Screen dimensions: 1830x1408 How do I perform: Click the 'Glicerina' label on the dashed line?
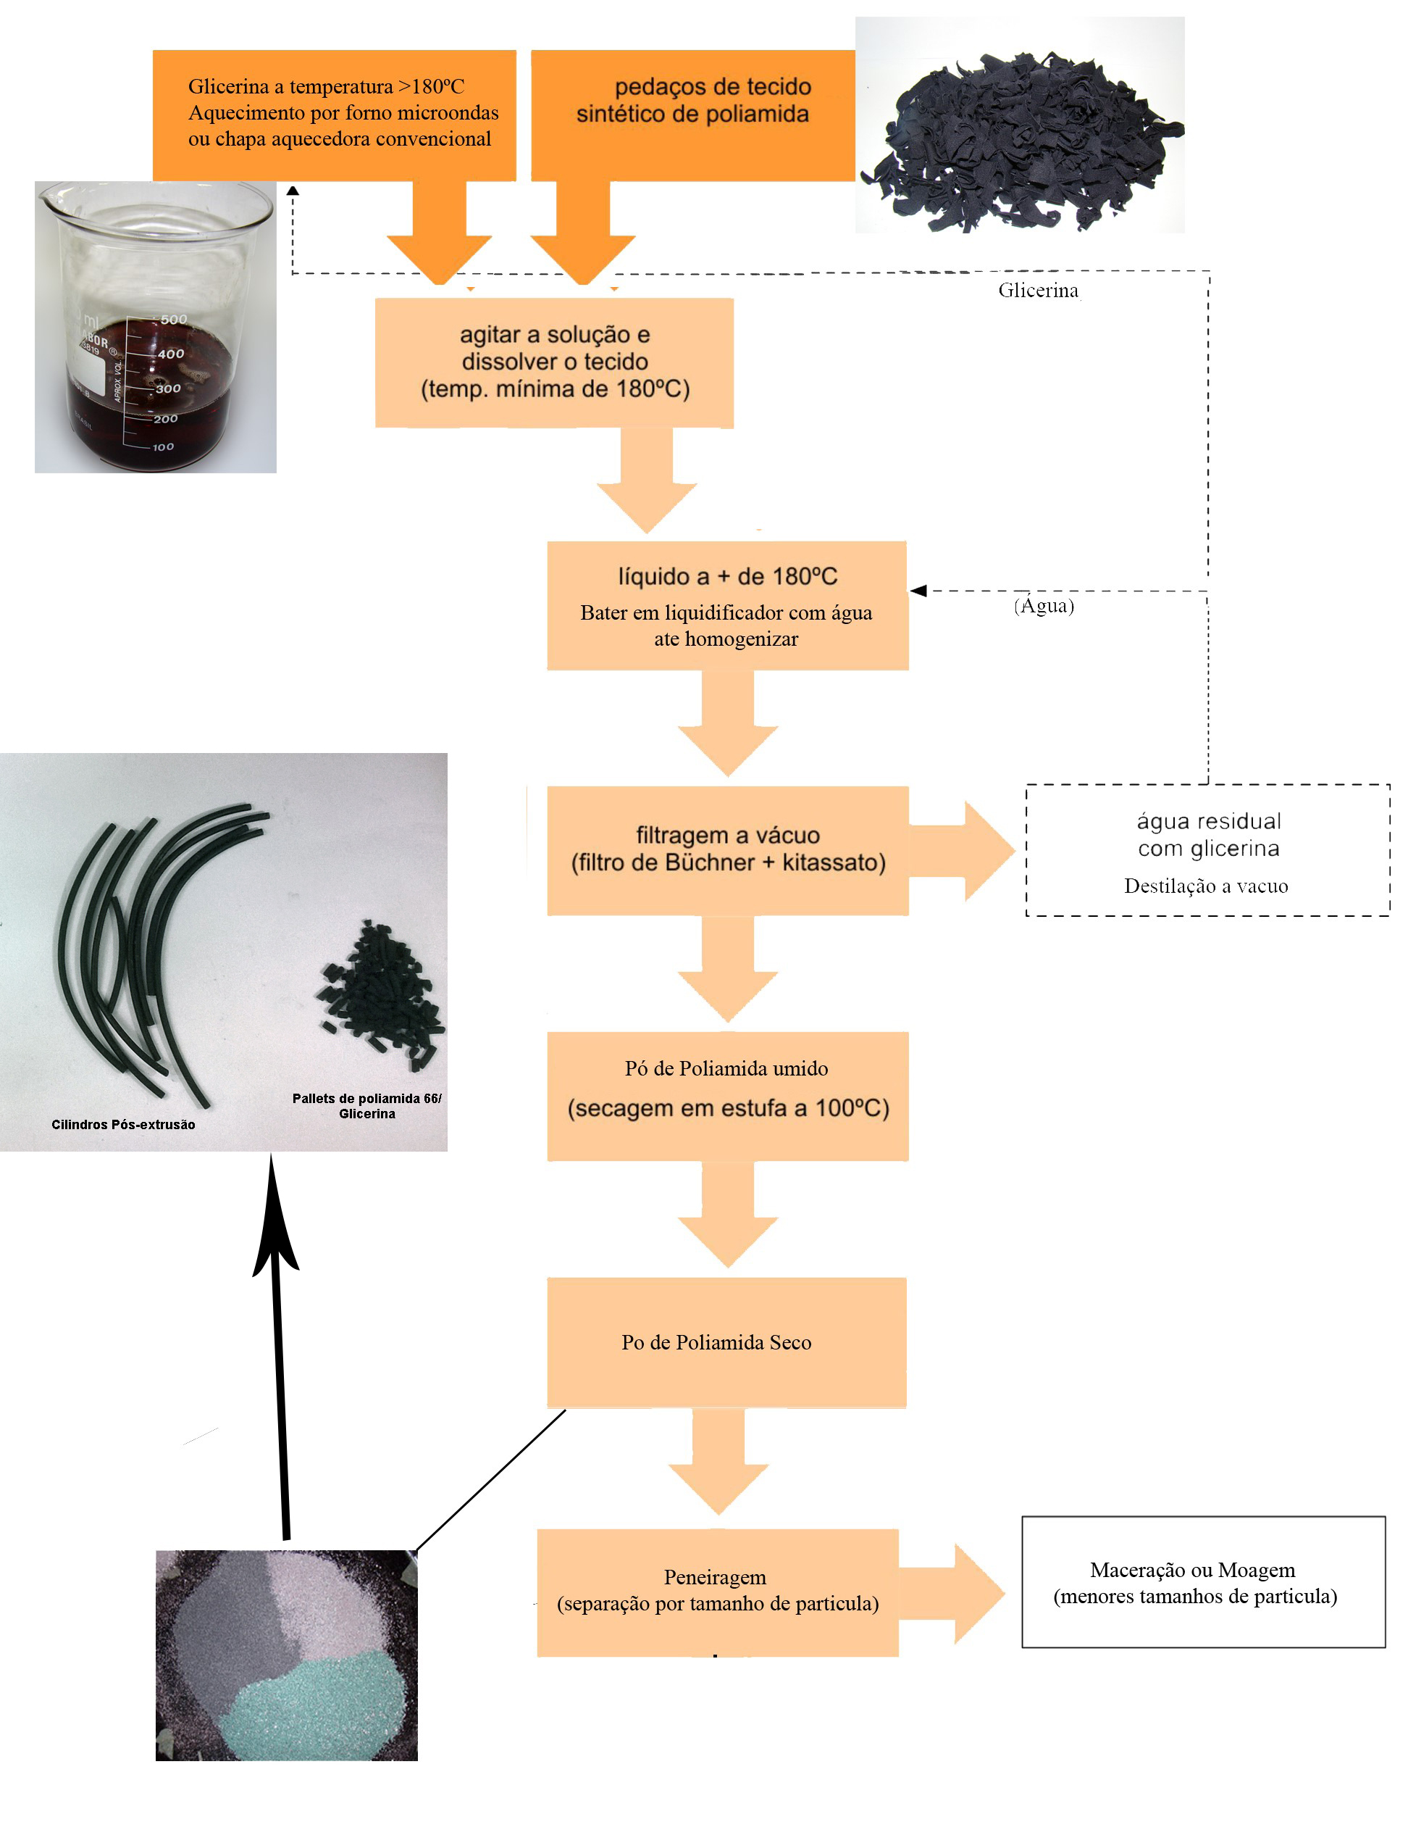[x=1037, y=290]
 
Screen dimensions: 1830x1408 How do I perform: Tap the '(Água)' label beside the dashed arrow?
[x=1043, y=605]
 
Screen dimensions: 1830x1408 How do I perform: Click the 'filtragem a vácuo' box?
[x=727, y=849]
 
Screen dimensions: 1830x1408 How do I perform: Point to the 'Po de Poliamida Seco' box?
[x=726, y=1342]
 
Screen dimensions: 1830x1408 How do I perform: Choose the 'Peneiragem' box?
[x=717, y=1590]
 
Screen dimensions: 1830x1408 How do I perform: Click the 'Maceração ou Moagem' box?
[x=1202, y=1581]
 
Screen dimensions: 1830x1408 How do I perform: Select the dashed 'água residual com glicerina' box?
[x=1207, y=849]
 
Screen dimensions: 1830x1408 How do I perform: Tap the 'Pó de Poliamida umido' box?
[x=727, y=1094]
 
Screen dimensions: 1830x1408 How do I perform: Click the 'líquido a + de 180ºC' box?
[x=727, y=605]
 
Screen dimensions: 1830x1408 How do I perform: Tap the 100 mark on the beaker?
[x=162, y=446]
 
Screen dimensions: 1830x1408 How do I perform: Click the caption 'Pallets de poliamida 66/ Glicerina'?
[x=367, y=1105]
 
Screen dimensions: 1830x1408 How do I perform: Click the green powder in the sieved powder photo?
[x=318, y=1701]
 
